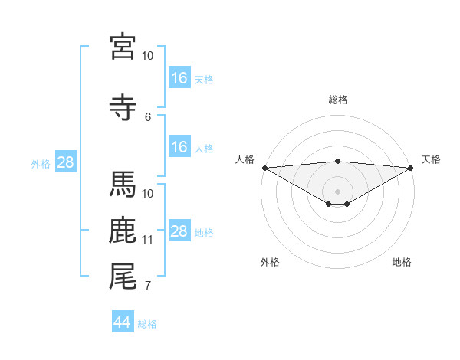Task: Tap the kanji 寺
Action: click(x=123, y=107)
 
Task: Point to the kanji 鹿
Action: click(x=123, y=230)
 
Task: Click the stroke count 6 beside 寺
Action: click(x=148, y=116)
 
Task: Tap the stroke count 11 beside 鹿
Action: click(x=148, y=240)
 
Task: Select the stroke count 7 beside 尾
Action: click(x=148, y=286)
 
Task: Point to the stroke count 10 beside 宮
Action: click(x=148, y=56)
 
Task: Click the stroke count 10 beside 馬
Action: click(x=148, y=194)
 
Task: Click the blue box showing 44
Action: click(x=123, y=322)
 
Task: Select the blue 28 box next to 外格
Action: click(x=65, y=162)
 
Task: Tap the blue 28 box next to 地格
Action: click(x=179, y=231)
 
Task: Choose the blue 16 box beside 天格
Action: click(x=179, y=78)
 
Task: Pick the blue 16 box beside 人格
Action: click(x=179, y=147)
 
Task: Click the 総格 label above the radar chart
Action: click(x=337, y=100)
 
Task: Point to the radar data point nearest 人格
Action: click(x=264, y=167)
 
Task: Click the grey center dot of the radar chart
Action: click(x=337, y=191)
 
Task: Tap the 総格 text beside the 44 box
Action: click(x=147, y=324)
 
